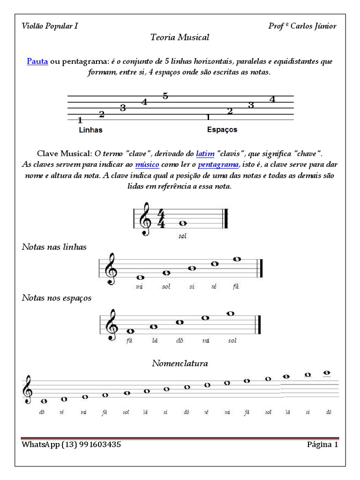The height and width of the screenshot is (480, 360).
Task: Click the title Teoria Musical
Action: [180, 37]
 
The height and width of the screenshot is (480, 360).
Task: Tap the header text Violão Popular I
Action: [50, 26]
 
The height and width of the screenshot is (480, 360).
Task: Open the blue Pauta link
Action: [37, 62]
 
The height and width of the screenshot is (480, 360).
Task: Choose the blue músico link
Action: [147, 165]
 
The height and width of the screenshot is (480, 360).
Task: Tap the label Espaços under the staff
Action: [222, 129]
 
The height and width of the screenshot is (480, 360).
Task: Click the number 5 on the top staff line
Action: [165, 96]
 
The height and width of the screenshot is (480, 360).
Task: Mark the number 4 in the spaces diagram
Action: [272, 99]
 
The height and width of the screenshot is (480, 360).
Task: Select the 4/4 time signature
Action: [161, 219]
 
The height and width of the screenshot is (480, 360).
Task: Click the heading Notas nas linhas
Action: [54, 247]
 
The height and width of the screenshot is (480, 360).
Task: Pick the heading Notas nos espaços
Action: [57, 298]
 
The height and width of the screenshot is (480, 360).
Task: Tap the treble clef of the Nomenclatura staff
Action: [28, 390]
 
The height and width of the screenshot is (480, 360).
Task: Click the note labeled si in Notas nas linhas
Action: [192, 269]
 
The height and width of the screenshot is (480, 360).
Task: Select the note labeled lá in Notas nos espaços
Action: [154, 326]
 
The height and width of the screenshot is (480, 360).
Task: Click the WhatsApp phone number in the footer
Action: [91, 444]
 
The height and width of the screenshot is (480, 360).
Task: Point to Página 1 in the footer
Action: [322, 444]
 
